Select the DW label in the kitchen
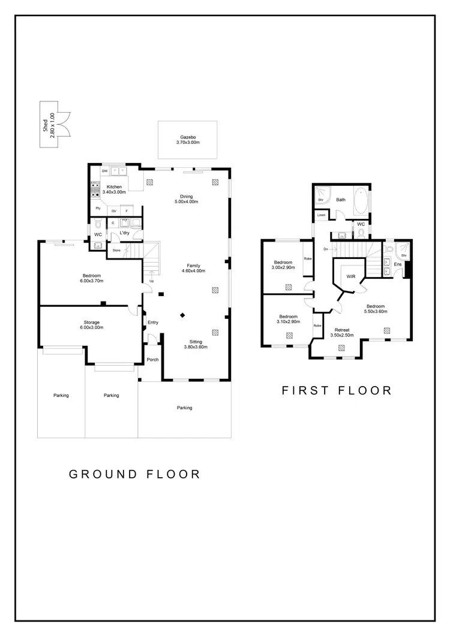click(x=104, y=171)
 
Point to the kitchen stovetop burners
click(x=94, y=191)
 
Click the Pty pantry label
click(x=97, y=209)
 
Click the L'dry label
click(x=125, y=233)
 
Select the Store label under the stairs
click(x=116, y=250)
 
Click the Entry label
click(x=153, y=322)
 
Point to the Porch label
click(x=152, y=360)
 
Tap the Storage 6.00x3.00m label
click(x=92, y=324)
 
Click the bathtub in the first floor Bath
click(x=361, y=202)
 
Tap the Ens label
click(x=398, y=264)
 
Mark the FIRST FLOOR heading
click(x=336, y=391)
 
